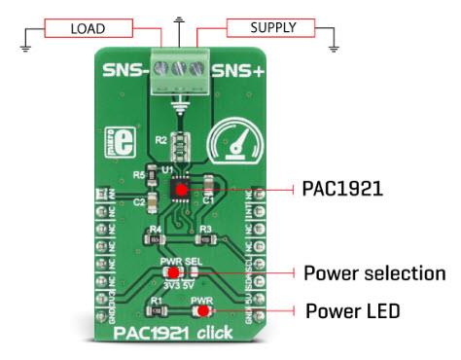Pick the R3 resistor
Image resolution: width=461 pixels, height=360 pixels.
204,236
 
